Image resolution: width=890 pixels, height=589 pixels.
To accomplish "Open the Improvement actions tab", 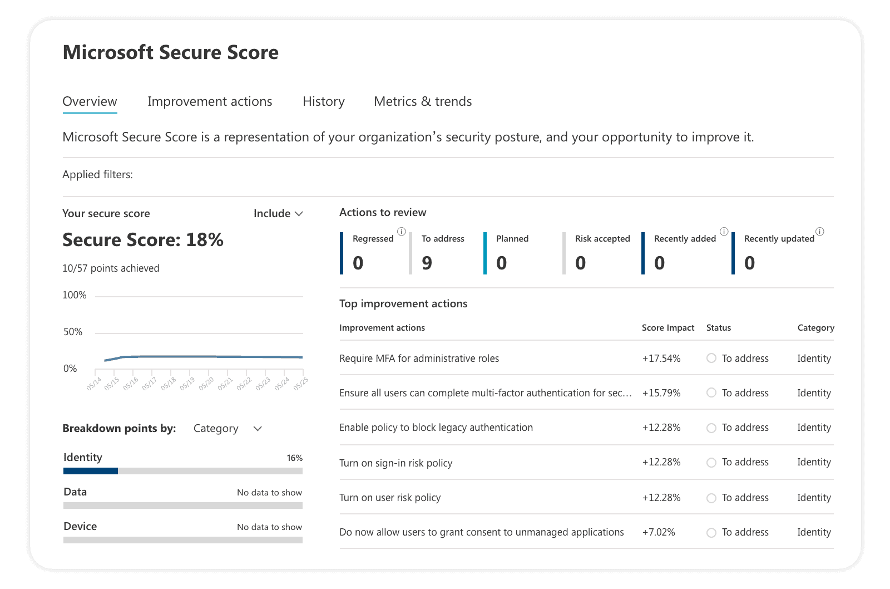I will (x=210, y=101).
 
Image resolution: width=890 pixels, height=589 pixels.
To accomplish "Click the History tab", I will (x=323, y=101).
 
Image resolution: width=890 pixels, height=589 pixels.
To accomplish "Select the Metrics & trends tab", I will (x=423, y=101).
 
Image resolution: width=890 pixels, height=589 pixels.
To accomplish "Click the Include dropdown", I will (x=278, y=213).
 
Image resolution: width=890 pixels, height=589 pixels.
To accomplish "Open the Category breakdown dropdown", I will (x=228, y=429).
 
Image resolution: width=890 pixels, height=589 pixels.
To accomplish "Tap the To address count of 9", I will (x=427, y=263).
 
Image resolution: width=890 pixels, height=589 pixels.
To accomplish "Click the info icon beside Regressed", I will (x=401, y=232).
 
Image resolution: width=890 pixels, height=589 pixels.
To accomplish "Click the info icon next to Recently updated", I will (x=819, y=232).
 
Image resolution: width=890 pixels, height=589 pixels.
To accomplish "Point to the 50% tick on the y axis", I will (x=73, y=332).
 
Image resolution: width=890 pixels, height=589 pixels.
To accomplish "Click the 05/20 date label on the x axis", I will (x=206, y=384).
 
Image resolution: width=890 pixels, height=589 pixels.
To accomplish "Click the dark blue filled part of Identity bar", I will (x=91, y=471).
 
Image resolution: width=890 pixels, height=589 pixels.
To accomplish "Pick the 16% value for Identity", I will (x=294, y=458).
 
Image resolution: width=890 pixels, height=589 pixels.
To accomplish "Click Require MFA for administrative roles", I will (x=419, y=359).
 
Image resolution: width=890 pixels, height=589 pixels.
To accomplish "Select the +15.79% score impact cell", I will (x=661, y=393).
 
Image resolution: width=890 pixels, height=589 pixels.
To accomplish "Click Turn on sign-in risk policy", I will (x=395, y=463).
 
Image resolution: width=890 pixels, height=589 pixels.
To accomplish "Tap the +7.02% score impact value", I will (x=659, y=532).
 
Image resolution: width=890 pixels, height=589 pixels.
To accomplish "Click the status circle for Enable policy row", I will (x=711, y=428).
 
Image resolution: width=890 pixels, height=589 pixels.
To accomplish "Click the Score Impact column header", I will (x=667, y=328).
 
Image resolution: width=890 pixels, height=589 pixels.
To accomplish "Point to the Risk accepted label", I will (x=602, y=238).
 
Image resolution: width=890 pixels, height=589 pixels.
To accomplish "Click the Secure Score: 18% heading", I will (x=143, y=240).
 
